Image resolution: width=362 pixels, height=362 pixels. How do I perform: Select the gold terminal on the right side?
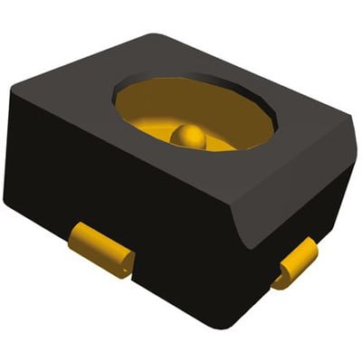pos(297,264)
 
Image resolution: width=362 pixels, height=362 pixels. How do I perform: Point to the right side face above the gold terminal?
pos(299,217)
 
